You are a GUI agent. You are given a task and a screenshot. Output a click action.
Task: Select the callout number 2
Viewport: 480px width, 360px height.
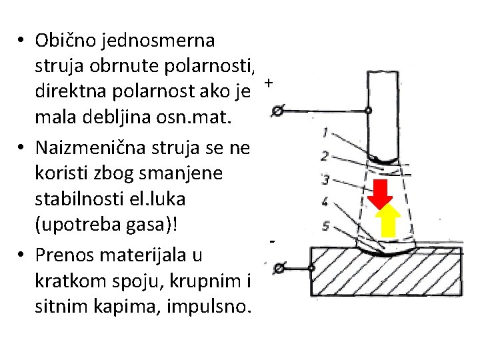click(324, 155)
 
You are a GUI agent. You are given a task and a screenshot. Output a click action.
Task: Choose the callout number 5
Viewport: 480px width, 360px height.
click(325, 226)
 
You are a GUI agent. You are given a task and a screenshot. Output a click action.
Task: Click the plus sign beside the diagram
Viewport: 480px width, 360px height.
click(268, 83)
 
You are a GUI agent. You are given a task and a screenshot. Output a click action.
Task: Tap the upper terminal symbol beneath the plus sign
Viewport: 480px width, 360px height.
click(279, 111)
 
